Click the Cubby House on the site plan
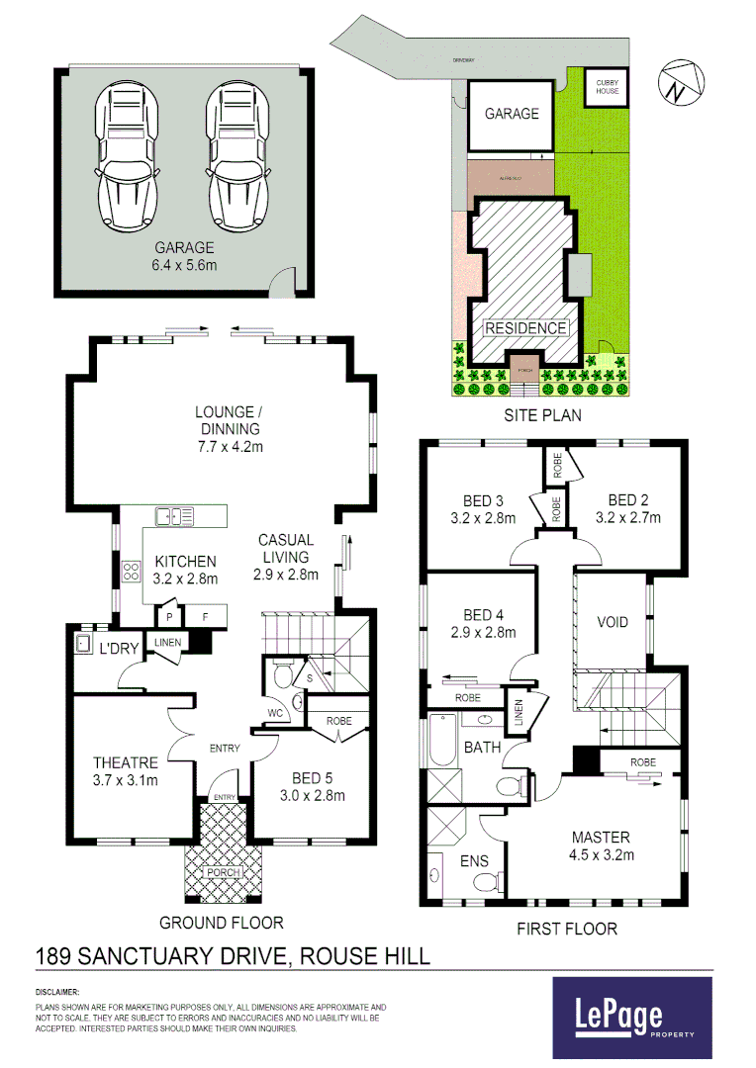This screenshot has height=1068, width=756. click(607, 86)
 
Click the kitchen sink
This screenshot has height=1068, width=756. click(174, 515)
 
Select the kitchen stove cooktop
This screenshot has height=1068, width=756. click(131, 571)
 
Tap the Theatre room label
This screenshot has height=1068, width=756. click(126, 762)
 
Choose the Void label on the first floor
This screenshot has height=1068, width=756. click(613, 622)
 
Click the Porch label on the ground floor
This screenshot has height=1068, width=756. click(222, 873)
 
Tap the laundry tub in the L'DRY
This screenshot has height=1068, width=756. click(83, 644)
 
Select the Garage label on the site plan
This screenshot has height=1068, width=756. click(512, 114)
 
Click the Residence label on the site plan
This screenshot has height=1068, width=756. click(525, 328)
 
